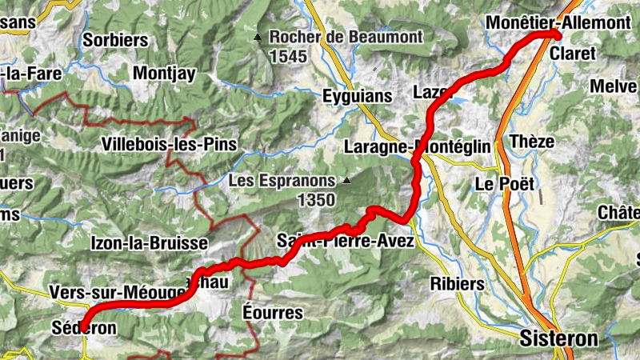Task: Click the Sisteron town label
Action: coord(558,338)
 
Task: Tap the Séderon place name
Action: coord(83,328)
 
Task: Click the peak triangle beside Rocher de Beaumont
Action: coord(258,38)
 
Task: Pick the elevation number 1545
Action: coord(287,57)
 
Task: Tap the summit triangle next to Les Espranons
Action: coord(346,181)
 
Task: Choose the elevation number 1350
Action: coord(314,200)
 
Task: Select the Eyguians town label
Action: coord(357,96)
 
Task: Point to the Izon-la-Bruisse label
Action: coord(150,242)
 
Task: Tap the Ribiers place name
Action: coord(457,284)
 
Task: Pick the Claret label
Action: coord(573,54)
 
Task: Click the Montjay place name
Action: coord(165,73)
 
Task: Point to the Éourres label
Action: coord(273,312)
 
